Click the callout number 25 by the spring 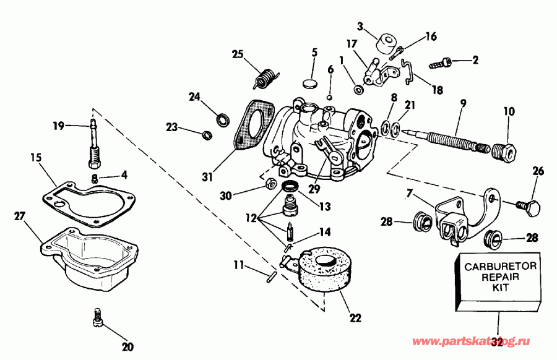(238, 54)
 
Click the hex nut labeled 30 (269, 183)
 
